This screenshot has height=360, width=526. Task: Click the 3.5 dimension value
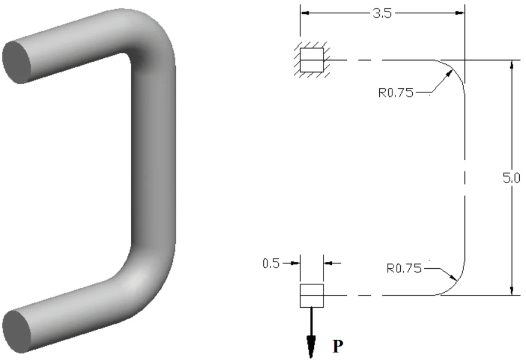(x=382, y=13)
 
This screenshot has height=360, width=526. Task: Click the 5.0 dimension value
(x=511, y=178)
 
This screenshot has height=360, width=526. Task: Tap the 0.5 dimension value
(x=271, y=263)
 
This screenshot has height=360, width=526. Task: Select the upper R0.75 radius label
(x=396, y=93)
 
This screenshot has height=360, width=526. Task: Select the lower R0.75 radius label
(x=404, y=268)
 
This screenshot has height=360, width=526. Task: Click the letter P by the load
(x=338, y=346)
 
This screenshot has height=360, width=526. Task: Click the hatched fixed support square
(x=312, y=60)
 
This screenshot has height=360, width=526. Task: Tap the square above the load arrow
(x=312, y=295)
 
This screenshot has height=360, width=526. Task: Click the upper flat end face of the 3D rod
(x=17, y=61)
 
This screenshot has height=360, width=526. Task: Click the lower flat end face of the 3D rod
(x=16, y=331)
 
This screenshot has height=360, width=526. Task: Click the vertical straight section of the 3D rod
(x=153, y=157)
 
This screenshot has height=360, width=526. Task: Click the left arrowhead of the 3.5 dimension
(x=305, y=13)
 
